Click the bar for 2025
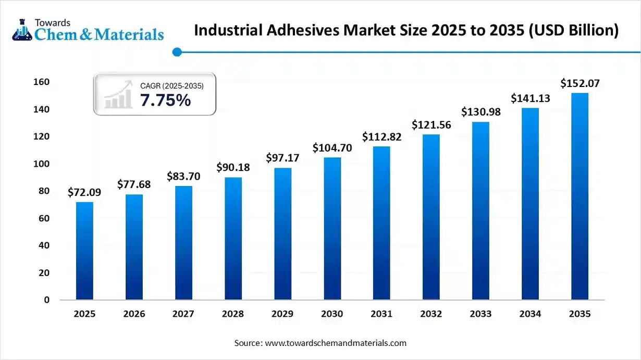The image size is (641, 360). (x=84, y=251)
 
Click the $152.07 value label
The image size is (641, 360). (x=580, y=83)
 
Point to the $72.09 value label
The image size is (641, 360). (x=84, y=192)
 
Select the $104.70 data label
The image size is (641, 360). (x=332, y=148)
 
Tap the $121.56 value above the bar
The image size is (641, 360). (x=431, y=125)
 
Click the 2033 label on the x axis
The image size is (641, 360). (x=480, y=314)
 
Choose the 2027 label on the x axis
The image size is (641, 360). (x=183, y=314)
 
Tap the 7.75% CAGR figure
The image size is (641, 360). (x=165, y=100)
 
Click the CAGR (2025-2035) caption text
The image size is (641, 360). (x=171, y=85)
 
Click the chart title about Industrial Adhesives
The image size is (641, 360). (x=406, y=30)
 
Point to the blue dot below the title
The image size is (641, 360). (x=177, y=52)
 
